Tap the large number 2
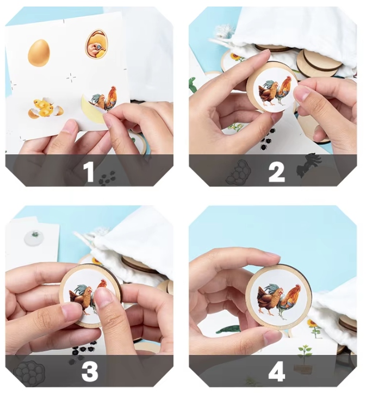point(276,172)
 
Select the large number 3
point(90,371)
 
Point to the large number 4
point(276,371)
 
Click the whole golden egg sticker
point(39,53)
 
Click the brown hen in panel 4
point(267,300)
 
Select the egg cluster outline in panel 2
point(238,172)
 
